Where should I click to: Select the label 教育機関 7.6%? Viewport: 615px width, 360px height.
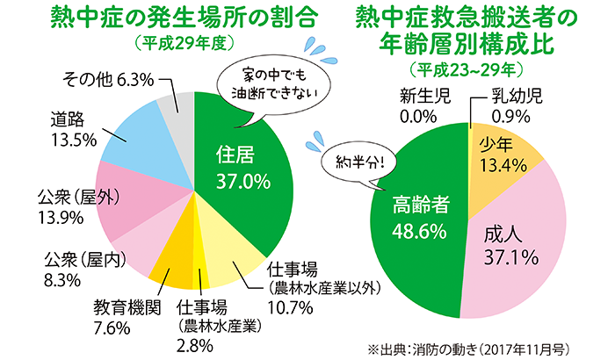(x=124, y=318)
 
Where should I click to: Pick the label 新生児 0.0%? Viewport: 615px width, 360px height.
(x=423, y=104)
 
